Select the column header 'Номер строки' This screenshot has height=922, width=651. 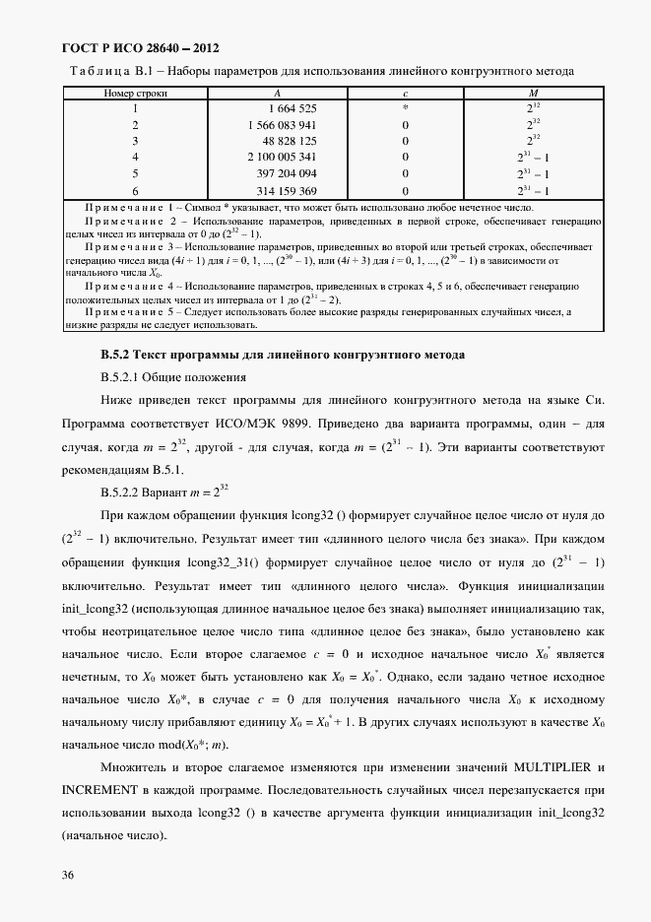click(135, 93)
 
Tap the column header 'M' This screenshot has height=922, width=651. click(533, 93)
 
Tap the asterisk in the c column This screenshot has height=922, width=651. click(405, 107)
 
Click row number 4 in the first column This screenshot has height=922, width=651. click(135, 158)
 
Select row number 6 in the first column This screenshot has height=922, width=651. click(135, 190)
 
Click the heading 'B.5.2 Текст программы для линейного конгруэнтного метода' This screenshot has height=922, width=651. click(282, 354)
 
